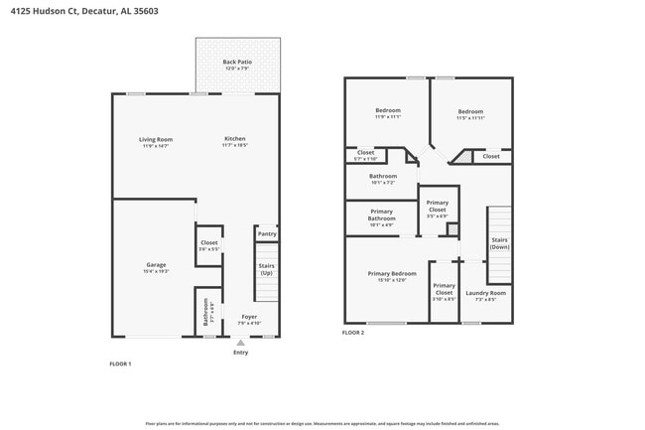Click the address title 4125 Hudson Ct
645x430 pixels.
78,11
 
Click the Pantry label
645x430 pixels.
267,234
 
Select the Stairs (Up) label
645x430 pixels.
266,269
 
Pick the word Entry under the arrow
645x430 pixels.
240,353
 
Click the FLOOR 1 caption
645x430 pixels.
120,364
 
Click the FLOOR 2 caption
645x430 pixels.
353,333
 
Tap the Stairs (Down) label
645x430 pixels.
499,243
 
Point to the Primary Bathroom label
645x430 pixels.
382,215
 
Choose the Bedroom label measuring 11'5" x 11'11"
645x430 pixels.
470,113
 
